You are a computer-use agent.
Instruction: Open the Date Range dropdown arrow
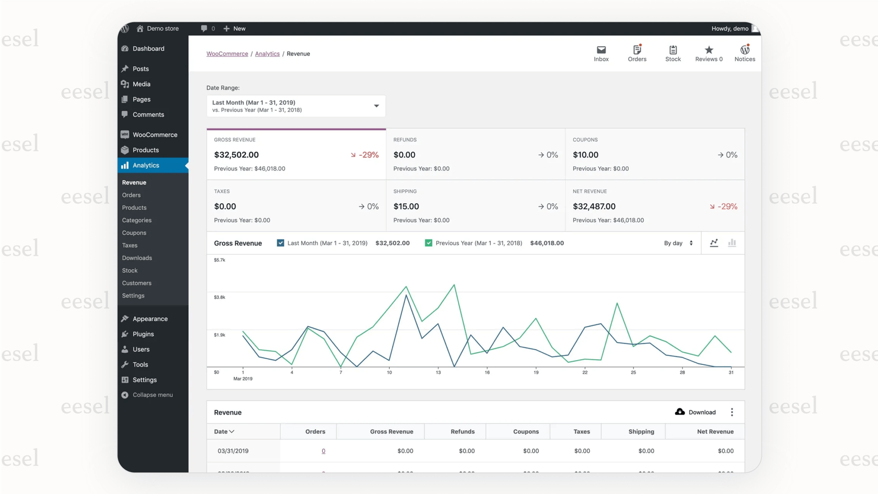pyautogui.click(x=376, y=106)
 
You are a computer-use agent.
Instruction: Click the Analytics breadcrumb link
pyautogui.click(x=267, y=54)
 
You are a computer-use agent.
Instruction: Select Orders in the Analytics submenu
pyautogui.click(x=131, y=195)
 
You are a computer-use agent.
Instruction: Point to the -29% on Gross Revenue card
pyautogui.click(x=365, y=155)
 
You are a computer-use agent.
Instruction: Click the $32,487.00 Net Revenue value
pyautogui.click(x=594, y=206)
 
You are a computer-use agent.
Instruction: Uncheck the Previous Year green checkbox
pyautogui.click(x=429, y=243)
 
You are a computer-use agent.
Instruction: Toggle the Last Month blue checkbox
pyautogui.click(x=281, y=243)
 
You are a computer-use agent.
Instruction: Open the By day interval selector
pyautogui.click(x=678, y=243)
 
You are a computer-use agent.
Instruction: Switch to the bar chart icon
pyautogui.click(x=732, y=243)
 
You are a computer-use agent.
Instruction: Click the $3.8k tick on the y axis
pyautogui.click(x=219, y=297)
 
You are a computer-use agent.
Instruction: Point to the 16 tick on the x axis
pyautogui.click(x=487, y=372)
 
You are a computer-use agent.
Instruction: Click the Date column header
pyautogui.click(x=224, y=432)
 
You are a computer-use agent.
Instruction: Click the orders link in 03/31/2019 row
pyautogui.click(x=324, y=451)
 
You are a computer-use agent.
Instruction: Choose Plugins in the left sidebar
pyautogui.click(x=143, y=334)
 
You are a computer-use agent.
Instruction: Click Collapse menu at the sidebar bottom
pyautogui.click(x=152, y=395)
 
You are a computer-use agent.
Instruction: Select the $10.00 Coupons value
pyautogui.click(x=585, y=155)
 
